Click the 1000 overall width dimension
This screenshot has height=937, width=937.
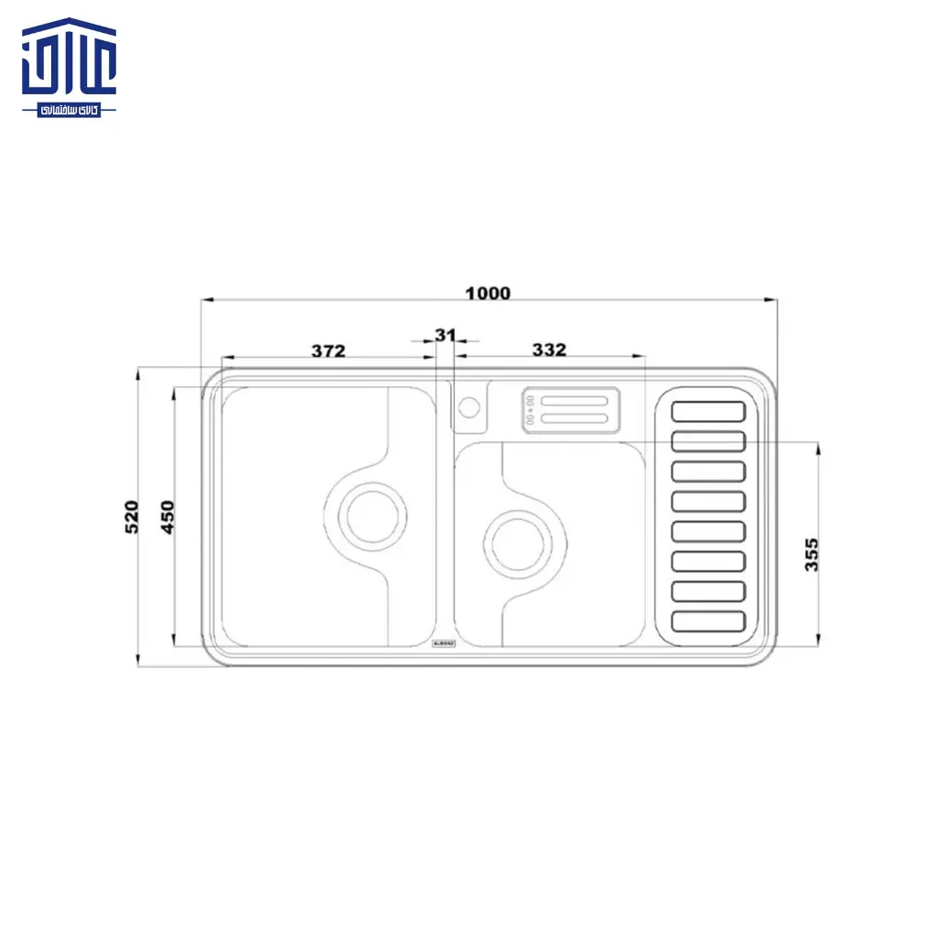(488, 294)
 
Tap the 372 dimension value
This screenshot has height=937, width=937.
(328, 350)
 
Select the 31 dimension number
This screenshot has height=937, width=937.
(445, 336)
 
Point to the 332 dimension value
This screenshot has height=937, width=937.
(549, 350)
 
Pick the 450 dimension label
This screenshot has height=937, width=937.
(167, 517)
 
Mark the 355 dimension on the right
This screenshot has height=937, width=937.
(812, 555)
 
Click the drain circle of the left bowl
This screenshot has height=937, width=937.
(372, 514)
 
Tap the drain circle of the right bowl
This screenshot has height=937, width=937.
(518, 542)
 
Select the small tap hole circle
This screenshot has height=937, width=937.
(469, 405)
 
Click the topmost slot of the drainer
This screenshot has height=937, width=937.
(709, 411)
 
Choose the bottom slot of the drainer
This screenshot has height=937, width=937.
(709, 621)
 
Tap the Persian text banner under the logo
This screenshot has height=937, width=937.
(70, 109)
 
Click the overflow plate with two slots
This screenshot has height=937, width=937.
(570, 409)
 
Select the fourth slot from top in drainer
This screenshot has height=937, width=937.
(709, 501)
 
